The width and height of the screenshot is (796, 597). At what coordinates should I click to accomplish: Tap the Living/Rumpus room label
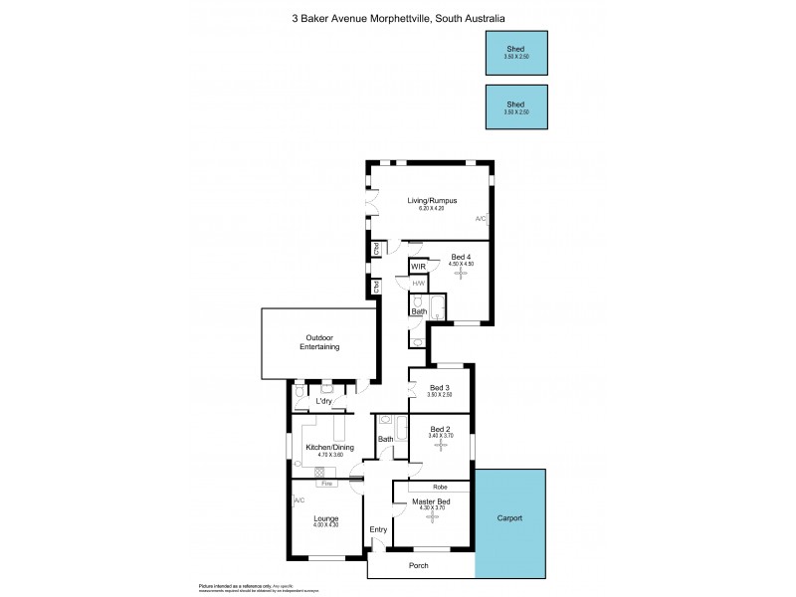(x=432, y=200)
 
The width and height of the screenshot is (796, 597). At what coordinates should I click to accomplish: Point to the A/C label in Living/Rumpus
(x=481, y=219)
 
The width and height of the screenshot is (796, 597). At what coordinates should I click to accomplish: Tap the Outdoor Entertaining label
(x=319, y=342)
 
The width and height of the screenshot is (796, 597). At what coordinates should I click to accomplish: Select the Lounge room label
(x=326, y=518)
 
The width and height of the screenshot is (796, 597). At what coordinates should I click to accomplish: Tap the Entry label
(x=378, y=529)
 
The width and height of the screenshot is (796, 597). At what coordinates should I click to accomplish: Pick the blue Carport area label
(x=509, y=519)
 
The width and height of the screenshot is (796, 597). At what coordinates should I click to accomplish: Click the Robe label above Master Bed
(x=439, y=487)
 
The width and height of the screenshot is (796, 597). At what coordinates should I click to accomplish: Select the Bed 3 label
(x=440, y=387)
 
